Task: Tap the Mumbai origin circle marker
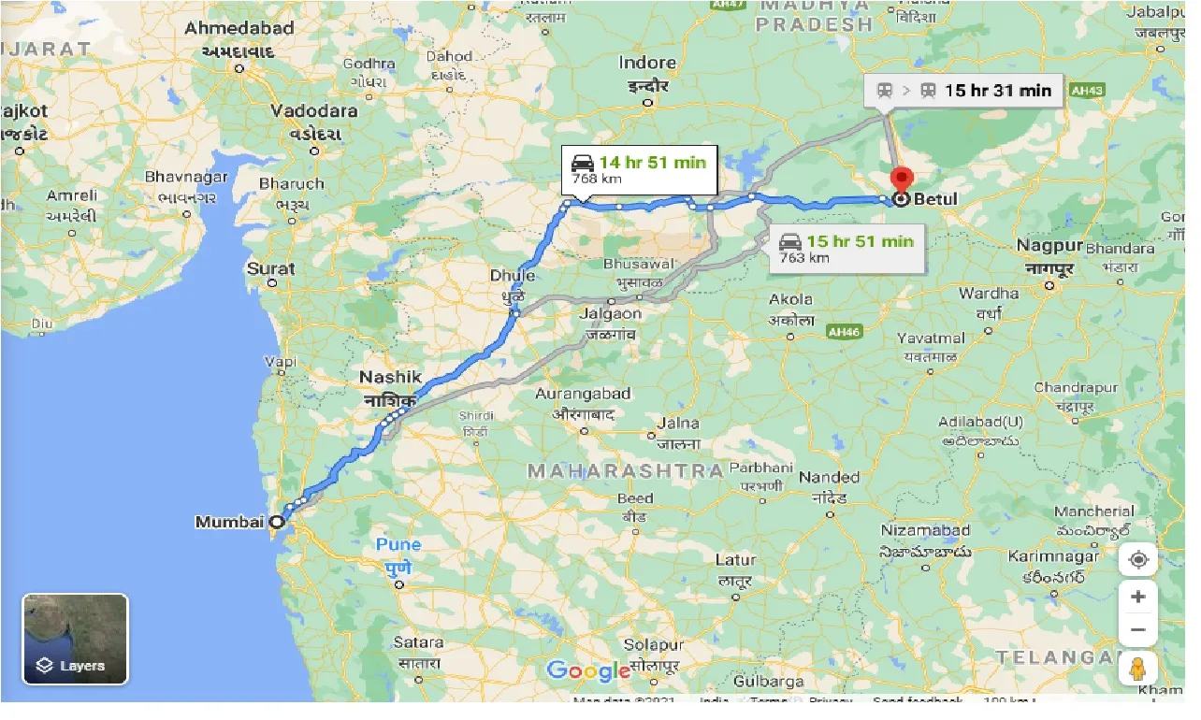coord(277,522)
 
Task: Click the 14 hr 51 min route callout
coord(639,169)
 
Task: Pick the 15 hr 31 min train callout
coord(963,91)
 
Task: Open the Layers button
coord(75,640)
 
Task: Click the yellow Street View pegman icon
coord(1137,670)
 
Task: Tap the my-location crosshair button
coord(1137,559)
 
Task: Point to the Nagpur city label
coord(1050,246)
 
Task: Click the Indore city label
coord(647,63)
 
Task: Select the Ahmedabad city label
coord(239,29)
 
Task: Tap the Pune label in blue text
coord(398,544)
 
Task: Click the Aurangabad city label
coord(583,394)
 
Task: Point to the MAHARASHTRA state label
coord(625,470)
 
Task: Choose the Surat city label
coord(270,268)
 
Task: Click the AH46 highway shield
coord(843,331)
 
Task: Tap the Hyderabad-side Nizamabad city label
coord(925,530)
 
